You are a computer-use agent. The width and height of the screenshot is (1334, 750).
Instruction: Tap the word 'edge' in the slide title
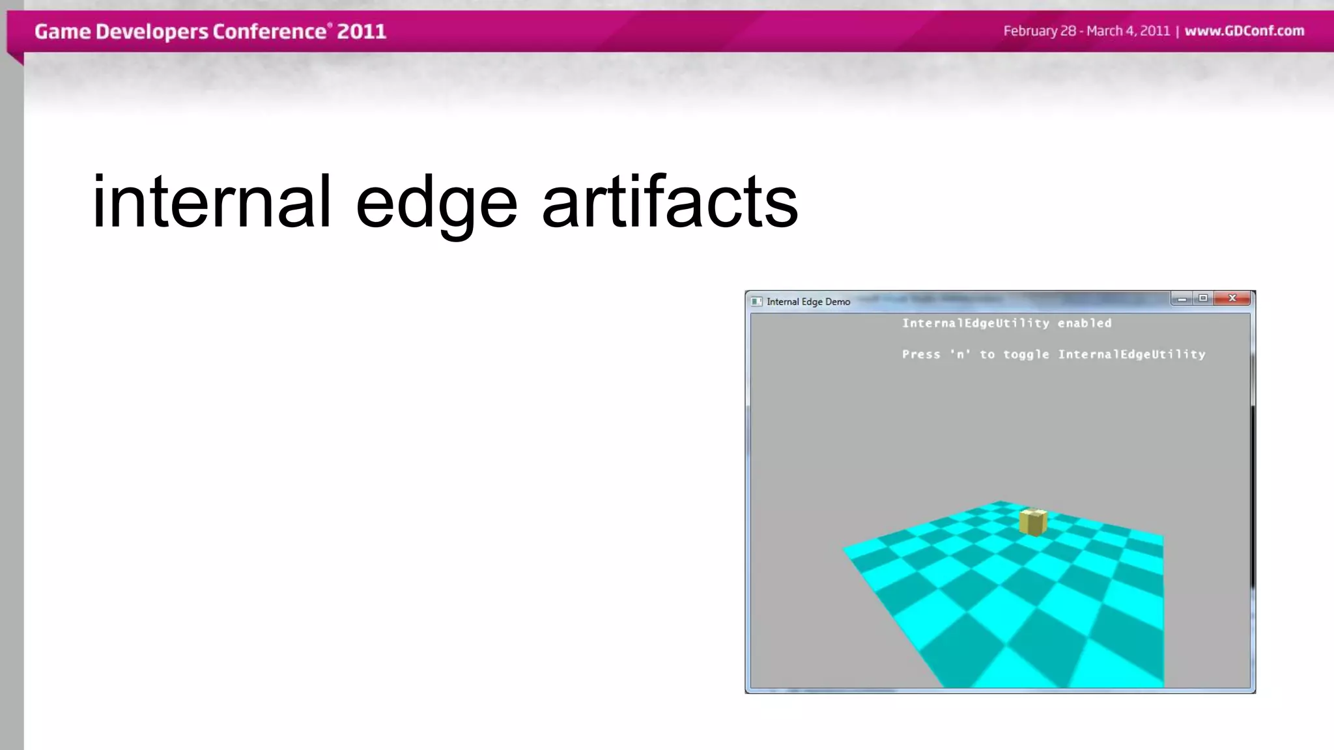(436, 203)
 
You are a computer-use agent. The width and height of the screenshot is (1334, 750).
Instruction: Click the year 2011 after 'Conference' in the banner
(362, 31)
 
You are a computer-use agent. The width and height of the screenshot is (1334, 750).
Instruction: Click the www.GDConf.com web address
(1244, 31)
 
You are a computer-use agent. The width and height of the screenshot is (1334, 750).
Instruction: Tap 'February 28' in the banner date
(1040, 31)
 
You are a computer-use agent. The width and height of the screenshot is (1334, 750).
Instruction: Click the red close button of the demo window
(1232, 298)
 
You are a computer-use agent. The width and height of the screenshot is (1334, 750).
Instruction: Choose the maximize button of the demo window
(1203, 298)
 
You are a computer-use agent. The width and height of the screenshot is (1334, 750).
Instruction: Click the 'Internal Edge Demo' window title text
(808, 301)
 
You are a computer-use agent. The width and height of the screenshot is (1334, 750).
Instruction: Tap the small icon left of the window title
(756, 301)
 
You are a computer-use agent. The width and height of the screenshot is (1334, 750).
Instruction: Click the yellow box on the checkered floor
(1033, 522)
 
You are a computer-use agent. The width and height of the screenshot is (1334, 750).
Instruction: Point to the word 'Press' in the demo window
(921, 354)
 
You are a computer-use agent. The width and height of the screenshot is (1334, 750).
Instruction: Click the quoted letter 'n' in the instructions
(960, 354)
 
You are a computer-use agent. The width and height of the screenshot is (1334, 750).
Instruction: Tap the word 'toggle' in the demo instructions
(1026, 354)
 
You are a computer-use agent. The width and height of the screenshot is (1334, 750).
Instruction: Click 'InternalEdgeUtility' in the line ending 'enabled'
(975, 323)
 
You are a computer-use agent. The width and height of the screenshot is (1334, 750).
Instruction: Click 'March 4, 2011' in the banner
(1128, 31)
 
